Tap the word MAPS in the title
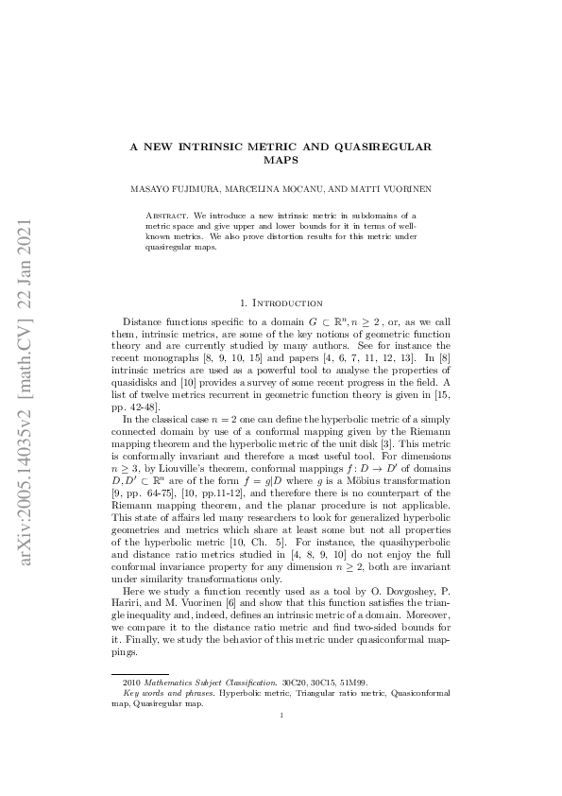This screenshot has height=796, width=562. click(x=281, y=160)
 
